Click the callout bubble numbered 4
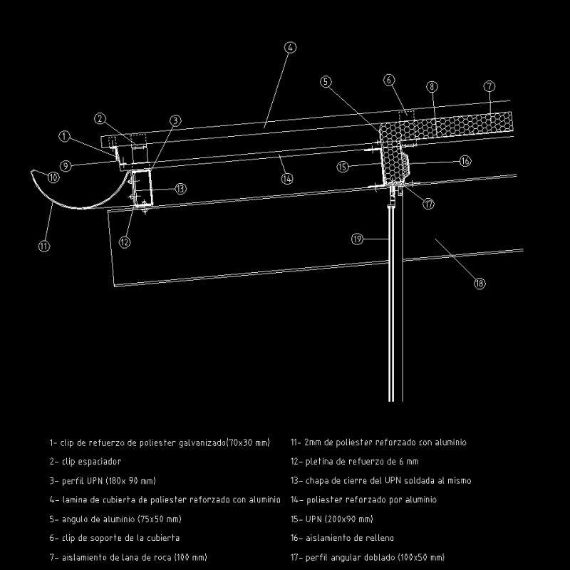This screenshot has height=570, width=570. click(x=289, y=48)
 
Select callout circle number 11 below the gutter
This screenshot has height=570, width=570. click(x=44, y=246)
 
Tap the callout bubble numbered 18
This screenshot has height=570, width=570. click(x=480, y=284)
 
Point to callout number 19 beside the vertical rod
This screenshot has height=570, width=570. click(x=358, y=239)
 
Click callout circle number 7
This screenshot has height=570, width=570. click(x=489, y=87)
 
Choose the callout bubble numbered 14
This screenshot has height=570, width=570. click(x=286, y=180)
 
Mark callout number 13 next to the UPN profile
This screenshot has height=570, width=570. click(x=180, y=189)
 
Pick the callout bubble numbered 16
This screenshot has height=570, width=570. click(x=465, y=162)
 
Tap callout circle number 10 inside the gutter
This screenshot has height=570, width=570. click(x=53, y=178)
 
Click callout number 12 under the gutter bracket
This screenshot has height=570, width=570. click(x=125, y=242)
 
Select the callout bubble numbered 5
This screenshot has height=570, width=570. click(x=326, y=82)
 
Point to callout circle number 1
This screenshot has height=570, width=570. click(x=65, y=135)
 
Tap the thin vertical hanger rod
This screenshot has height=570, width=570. click(x=390, y=306)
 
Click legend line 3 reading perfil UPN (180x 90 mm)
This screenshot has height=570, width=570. click(x=103, y=481)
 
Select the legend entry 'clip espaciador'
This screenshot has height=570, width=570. click(x=85, y=462)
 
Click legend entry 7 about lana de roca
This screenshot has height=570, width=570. click(x=128, y=557)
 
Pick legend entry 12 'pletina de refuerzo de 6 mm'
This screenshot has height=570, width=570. click(x=354, y=462)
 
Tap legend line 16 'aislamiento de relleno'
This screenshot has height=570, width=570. click(x=342, y=538)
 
